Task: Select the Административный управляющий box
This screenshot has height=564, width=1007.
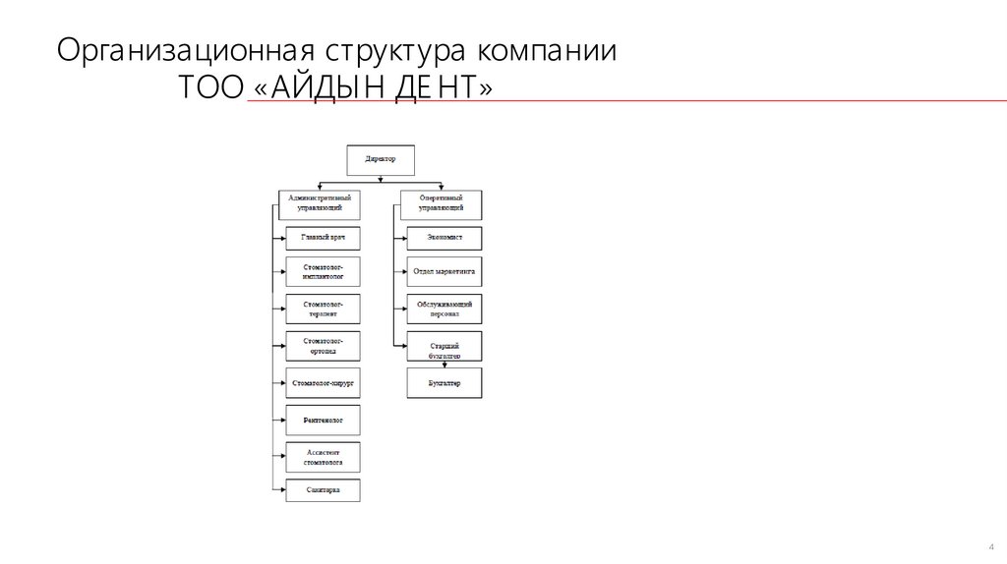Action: point(320,203)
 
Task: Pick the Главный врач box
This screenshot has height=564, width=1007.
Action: point(323,237)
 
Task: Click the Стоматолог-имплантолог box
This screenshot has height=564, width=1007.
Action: point(323,271)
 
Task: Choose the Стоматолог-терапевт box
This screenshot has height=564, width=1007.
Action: point(323,310)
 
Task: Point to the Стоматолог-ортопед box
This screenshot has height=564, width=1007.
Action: point(323,346)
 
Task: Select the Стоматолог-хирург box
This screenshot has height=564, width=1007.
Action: point(323,381)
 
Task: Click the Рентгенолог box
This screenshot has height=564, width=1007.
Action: point(323,420)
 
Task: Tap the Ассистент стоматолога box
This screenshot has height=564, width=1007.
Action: point(323,456)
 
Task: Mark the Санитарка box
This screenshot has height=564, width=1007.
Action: point(323,490)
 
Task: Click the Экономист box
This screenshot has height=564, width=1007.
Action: point(445,237)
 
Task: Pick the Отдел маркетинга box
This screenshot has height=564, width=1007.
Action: point(445,271)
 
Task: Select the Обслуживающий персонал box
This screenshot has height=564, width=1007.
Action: point(445,310)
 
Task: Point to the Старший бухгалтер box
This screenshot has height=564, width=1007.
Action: point(445,346)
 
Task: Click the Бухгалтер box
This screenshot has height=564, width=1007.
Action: point(445,382)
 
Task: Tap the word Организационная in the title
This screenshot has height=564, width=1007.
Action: point(184,53)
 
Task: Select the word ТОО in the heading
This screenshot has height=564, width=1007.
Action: point(210,89)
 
